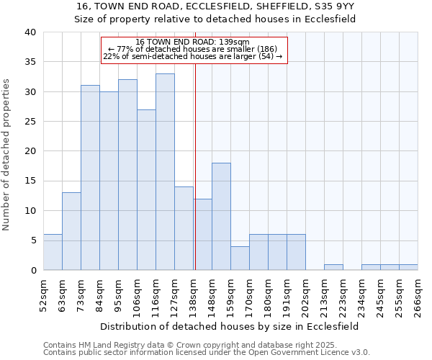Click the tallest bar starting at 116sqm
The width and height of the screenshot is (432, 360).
[x=165, y=172]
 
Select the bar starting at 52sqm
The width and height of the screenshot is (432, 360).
[x=53, y=252]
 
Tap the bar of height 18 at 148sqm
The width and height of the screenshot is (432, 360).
[x=221, y=217]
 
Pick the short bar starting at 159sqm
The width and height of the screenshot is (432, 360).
[x=240, y=258]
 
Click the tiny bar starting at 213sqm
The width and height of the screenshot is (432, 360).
[x=333, y=267]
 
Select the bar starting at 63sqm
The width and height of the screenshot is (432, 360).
[x=71, y=231]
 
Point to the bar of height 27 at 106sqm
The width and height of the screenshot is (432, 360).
[x=146, y=190]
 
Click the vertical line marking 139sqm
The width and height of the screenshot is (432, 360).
[x=195, y=166]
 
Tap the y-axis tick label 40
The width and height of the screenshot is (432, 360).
[x=30, y=32]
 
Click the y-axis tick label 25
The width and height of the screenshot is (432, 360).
[x=30, y=122]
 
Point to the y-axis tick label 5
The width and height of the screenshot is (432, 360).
[x=33, y=240]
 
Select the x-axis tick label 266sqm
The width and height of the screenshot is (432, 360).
[x=418, y=296]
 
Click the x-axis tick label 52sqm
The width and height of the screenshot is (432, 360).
[x=43, y=296]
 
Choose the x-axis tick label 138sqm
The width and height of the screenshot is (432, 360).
[x=193, y=296]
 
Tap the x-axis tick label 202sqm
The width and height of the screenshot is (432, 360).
[x=305, y=296]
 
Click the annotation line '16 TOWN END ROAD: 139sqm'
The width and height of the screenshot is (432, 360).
[x=193, y=42]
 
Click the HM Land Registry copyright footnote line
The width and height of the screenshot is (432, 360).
[x=186, y=345]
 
